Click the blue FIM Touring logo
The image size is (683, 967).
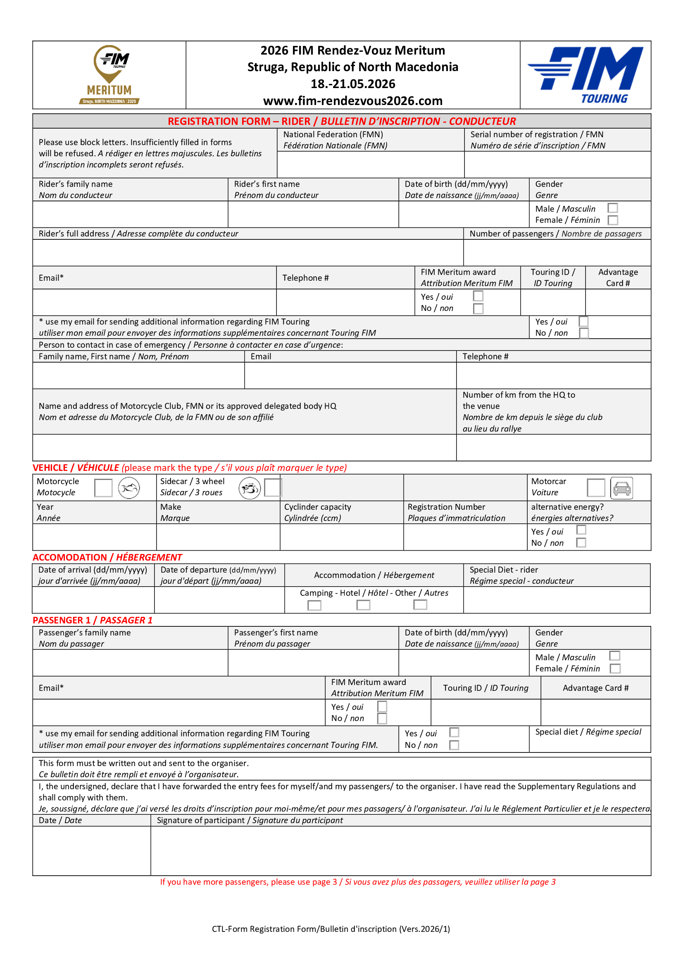click(585, 74)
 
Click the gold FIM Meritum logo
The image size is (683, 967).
click(110, 74)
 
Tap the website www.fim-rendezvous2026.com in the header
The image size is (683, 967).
click(352, 101)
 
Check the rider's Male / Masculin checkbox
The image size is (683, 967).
click(613, 208)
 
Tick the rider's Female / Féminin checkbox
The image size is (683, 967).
click(613, 220)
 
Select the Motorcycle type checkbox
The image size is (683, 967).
click(104, 488)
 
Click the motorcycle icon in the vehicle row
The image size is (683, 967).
click(129, 488)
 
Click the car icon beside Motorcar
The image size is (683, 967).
click(621, 488)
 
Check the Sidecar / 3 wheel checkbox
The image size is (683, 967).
click(272, 488)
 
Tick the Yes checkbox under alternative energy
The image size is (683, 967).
click(581, 530)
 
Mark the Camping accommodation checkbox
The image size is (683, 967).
click(314, 605)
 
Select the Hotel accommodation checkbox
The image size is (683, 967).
click(363, 605)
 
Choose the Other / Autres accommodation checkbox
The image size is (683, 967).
click(420, 604)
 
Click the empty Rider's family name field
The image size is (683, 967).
click(130, 214)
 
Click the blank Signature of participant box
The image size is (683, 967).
click(400, 850)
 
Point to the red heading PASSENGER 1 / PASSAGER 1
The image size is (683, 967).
click(93, 620)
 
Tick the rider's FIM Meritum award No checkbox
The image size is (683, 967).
click(478, 309)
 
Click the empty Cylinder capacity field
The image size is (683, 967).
click(341, 537)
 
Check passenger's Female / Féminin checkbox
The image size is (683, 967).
click(615, 669)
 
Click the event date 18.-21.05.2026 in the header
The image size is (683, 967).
click(352, 84)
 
